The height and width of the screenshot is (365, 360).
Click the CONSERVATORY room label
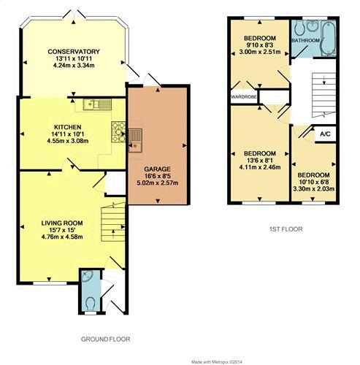(74, 52)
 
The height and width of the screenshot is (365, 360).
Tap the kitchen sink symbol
(97, 104)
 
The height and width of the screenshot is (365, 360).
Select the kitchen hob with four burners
(118, 131)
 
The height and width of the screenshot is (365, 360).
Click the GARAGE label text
(157, 169)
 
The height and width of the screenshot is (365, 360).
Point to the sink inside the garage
(135, 140)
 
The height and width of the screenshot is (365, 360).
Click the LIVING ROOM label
(62, 223)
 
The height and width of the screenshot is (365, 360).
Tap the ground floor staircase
(113, 223)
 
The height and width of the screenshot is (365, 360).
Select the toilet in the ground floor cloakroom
(91, 304)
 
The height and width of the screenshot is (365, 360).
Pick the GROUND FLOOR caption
(105, 339)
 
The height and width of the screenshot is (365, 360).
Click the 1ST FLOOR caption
(286, 229)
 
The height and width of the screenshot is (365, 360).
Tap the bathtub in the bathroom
(329, 38)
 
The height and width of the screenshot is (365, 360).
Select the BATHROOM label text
(305, 40)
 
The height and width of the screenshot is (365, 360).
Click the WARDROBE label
(244, 97)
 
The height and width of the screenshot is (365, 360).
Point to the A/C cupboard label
(325, 134)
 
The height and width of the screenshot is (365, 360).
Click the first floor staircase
(323, 95)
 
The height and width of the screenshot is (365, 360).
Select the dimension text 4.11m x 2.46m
(260, 167)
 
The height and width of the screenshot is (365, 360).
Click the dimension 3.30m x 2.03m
(314, 188)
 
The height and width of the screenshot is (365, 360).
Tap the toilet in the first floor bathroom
(299, 28)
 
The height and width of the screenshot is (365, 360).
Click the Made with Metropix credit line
(217, 362)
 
